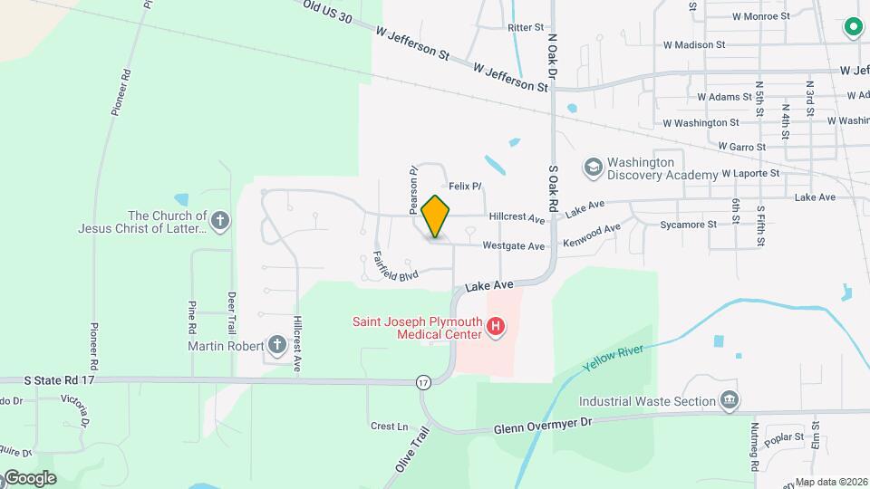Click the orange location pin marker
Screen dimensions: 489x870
pos(436,216)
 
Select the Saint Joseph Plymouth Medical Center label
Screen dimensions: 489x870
pos(417,328)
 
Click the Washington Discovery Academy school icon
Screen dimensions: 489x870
pos(593,167)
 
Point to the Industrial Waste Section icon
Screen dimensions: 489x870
pos(729,400)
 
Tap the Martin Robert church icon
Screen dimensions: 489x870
pos(276,345)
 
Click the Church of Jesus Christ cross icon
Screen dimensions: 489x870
pos(220,219)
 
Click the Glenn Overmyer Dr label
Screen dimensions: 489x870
pos(543,425)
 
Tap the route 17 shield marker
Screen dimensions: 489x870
pos(423,384)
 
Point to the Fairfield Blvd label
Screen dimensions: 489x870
pos(395,267)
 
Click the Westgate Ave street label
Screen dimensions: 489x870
pos(513,245)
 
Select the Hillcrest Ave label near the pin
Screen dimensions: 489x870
pos(517,218)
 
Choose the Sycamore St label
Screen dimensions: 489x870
pos(688,223)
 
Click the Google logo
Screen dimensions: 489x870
pos(29,477)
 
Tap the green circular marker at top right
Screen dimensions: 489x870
pos(852,27)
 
